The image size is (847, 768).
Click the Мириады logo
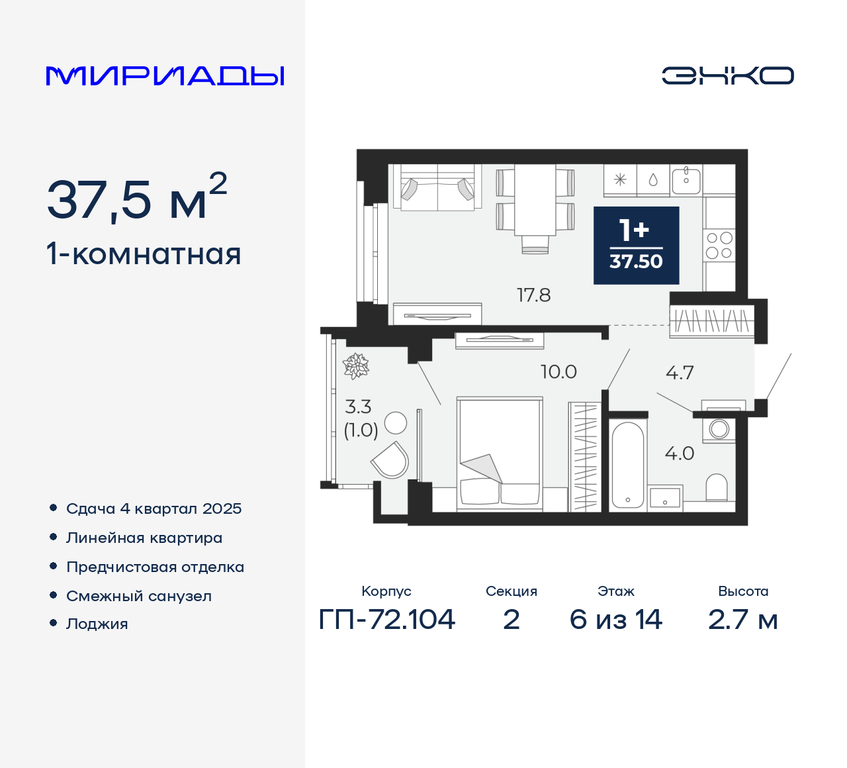point(165,76)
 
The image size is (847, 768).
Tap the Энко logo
point(727,75)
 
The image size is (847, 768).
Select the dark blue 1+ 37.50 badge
point(636,246)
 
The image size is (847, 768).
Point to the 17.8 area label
point(533,295)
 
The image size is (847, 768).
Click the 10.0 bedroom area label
point(558,372)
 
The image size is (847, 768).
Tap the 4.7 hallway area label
point(680,373)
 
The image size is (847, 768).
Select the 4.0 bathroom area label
point(680,454)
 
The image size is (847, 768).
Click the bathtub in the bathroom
point(627,465)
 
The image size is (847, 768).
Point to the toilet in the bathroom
point(717,488)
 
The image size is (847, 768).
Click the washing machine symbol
point(719,429)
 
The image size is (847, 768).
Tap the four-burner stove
point(719,246)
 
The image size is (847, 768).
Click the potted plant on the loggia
point(356,366)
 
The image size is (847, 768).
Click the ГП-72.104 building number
point(387,620)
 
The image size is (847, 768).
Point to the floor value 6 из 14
point(615,620)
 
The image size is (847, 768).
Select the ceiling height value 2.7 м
point(742,620)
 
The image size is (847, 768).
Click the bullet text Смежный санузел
point(139,596)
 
